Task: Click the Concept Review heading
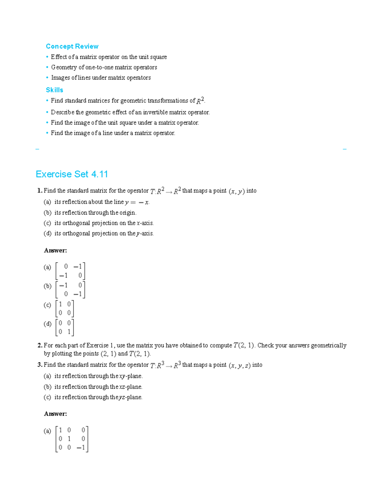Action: click(x=72, y=47)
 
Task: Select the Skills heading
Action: click(x=54, y=90)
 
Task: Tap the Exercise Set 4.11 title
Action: click(x=72, y=174)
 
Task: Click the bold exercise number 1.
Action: click(x=39, y=191)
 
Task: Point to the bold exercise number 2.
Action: click(x=39, y=346)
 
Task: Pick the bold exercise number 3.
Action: click(x=39, y=365)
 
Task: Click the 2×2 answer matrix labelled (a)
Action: click(x=70, y=271)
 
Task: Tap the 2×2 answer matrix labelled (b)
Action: click(x=70, y=290)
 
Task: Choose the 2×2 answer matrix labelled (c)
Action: click(x=65, y=309)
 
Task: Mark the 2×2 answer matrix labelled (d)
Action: click(x=65, y=327)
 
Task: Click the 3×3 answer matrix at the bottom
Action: click(x=72, y=439)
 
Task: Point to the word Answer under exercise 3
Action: click(x=55, y=414)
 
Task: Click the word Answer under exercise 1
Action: click(x=55, y=251)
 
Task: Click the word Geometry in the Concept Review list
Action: click(x=64, y=67)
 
